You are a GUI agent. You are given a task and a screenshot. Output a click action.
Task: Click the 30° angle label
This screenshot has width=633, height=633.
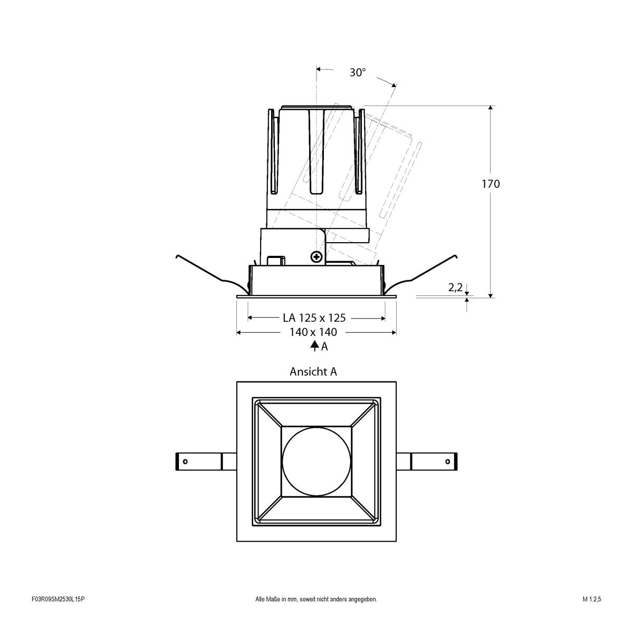(357, 73)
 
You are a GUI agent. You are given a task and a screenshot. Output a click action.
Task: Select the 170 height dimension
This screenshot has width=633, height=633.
(490, 184)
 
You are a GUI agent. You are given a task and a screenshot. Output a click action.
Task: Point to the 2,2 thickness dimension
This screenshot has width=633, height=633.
(455, 287)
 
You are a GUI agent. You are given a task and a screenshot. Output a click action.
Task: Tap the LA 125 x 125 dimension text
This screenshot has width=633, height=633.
(314, 318)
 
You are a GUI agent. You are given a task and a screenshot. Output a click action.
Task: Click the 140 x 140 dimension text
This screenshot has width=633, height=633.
(313, 332)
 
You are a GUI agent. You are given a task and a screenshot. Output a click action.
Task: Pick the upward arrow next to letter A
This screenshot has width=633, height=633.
(314, 346)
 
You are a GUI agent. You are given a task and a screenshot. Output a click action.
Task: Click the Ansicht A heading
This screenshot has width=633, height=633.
(313, 371)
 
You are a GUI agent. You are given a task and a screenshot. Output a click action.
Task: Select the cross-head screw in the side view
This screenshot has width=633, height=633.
(316, 257)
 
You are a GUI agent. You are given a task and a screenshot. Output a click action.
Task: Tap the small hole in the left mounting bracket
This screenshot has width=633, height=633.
(185, 462)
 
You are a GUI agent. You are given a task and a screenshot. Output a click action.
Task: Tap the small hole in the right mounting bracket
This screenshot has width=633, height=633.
(448, 462)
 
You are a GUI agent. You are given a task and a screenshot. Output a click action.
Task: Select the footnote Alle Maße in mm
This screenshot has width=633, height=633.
(316, 614)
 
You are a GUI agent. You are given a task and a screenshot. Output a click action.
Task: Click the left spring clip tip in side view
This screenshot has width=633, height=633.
(177, 256)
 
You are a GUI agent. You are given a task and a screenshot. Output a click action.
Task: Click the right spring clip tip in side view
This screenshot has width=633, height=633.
(456, 256)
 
